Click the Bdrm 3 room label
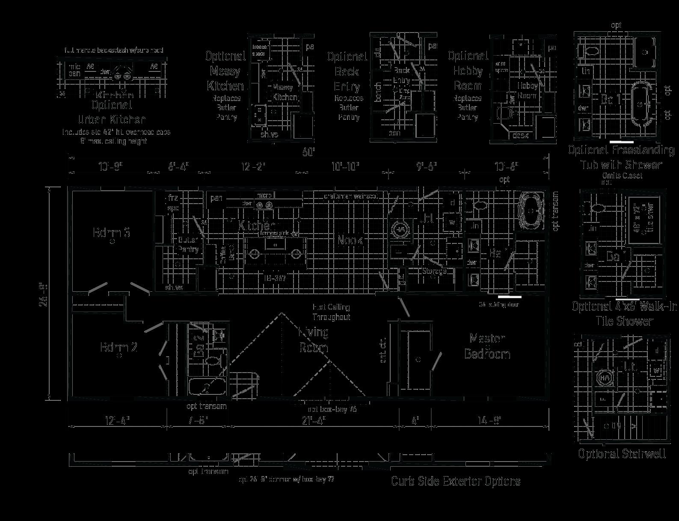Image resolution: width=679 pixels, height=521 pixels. point(111,233)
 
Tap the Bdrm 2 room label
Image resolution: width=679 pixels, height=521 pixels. point(119,347)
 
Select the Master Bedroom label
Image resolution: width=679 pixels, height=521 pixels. point(487,346)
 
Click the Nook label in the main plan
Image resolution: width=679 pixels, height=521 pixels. point(350,240)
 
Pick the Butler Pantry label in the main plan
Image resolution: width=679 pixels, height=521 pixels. point(188,245)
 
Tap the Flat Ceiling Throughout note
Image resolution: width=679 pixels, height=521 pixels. point(331,312)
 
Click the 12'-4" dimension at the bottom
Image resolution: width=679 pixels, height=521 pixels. point(117,421)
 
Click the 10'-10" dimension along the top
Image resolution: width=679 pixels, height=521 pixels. point(346,166)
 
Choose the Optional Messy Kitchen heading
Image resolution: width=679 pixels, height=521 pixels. point(225,71)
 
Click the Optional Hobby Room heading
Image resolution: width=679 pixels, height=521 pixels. point(468,71)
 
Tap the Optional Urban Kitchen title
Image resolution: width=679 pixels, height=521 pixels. point(112,112)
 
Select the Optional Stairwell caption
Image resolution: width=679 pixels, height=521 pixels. point(622,454)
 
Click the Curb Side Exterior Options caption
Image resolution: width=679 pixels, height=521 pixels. point(456,481)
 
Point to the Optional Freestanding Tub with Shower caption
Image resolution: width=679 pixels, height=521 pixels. point(621,157)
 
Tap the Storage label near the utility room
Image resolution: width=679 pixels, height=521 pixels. point(434,271)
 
